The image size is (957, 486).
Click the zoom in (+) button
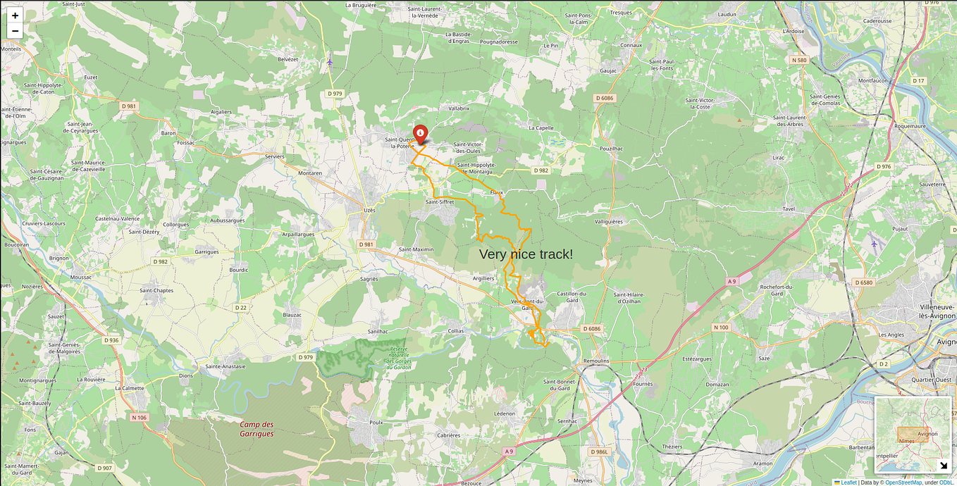point(15,15)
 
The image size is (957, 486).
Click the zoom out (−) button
point(15,31)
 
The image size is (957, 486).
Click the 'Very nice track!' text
point(526,254)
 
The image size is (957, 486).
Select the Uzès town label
point(369,210)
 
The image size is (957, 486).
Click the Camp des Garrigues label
point(257,429)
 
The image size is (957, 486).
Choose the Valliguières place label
point(609,221)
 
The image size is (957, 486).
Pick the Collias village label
point(456,330)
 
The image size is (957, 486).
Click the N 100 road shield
point(721,328)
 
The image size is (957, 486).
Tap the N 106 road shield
point(139,418)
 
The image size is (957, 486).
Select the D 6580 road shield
point(863,282)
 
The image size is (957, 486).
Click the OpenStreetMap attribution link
point(904,482)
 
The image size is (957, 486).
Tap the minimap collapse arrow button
point(944,465)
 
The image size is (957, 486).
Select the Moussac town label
point(81,278)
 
